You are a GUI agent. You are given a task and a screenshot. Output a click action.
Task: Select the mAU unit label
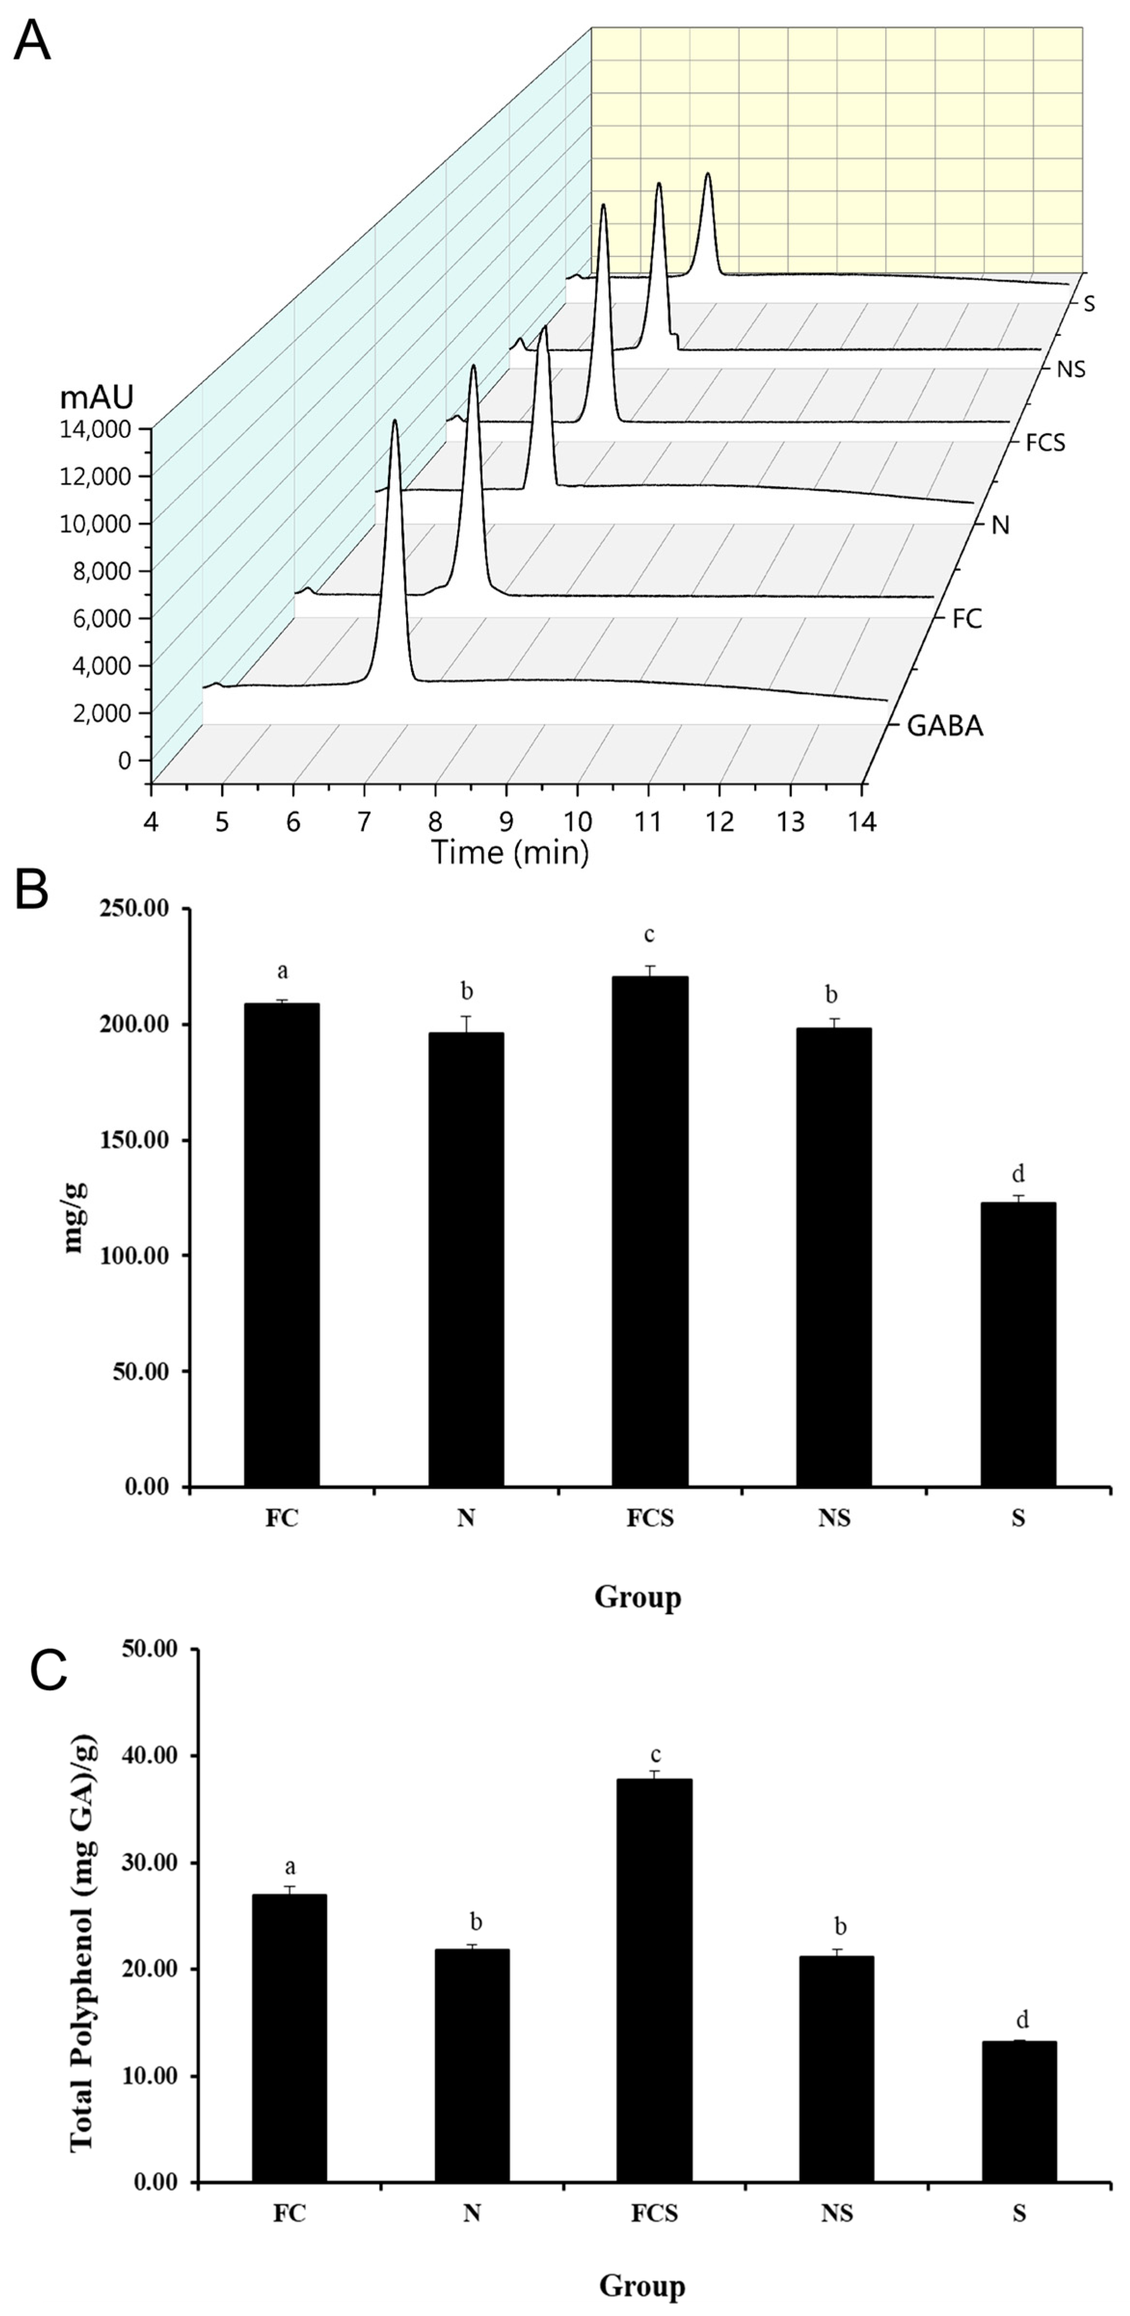pyautogui.click(x=97, y=397)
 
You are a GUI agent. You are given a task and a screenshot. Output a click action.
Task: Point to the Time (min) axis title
pyautogui.click(x=510, y=850)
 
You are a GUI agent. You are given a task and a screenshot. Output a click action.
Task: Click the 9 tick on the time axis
pyautogui.click(x=507, y=821)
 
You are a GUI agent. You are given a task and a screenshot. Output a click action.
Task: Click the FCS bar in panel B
pyautogui.click(x=650, y=1232)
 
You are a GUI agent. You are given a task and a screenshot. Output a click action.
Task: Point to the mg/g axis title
pyautogui.click(x=77, y=1218)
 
